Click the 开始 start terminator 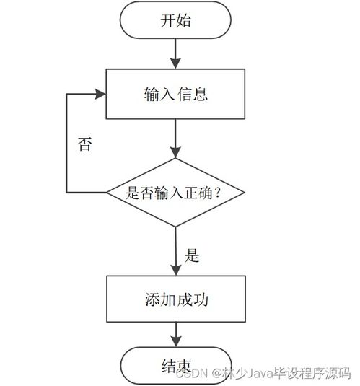click(175, 20)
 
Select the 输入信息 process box click(175, 94)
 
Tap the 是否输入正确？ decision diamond click(175, 193)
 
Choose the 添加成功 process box click(175, 298)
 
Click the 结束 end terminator click(175, 366)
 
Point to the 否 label click(84, 144)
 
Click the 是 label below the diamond click(193, 255)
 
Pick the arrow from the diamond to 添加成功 click(175, 250)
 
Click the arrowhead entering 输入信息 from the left click(101, 94)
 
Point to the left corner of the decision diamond click(108, 193)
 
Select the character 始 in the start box click(184, 20)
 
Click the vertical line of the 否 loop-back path click(66, 144)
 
